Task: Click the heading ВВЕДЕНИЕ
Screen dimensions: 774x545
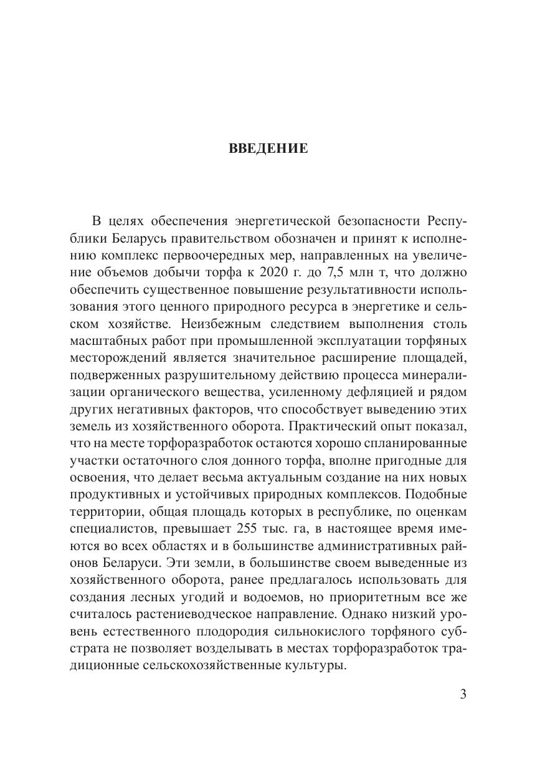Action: coord(268,148)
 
